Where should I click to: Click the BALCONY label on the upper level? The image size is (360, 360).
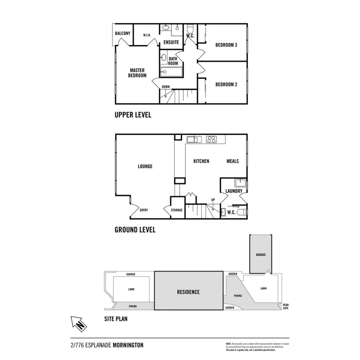pos(122,33)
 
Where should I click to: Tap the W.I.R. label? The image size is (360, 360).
pos(147,35)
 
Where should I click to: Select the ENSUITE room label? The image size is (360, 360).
pos(171,42)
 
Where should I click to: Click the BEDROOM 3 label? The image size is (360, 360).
pos(226,45)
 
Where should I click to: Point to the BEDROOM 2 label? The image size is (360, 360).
pos(226,84)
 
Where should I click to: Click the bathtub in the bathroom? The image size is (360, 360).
pos(171,72)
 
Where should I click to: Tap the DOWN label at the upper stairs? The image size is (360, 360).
pos(166,87)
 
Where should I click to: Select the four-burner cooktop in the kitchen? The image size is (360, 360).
pos(211,139)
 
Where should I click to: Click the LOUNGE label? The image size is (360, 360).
pos(145,166)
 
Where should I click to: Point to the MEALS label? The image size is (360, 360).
pos(233,161)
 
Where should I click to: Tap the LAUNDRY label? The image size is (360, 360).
pos(234,191)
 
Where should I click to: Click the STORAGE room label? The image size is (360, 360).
pos(177,210)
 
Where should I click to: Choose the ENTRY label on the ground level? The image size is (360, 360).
pos(144,210)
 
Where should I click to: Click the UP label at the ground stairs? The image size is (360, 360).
pos(213,200)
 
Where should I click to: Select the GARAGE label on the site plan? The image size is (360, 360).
pos(261,255)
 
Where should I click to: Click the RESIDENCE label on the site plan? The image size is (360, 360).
pos(188,292)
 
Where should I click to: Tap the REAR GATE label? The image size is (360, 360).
pos(286,306)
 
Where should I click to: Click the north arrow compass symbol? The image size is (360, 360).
pos(79,323)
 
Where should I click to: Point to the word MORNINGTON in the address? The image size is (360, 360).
pos(128,345)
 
